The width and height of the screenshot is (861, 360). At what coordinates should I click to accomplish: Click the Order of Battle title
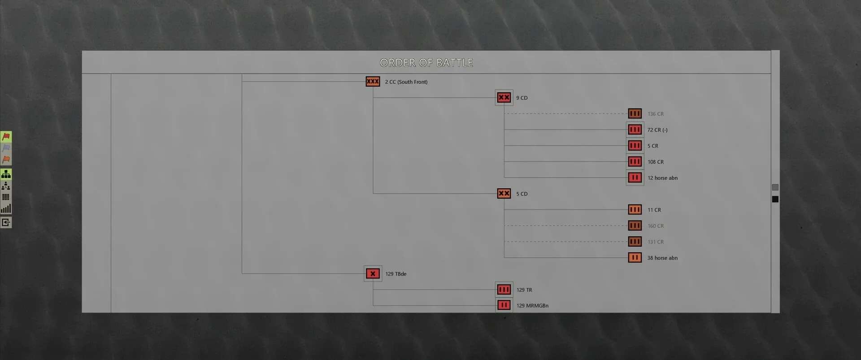point(426,63)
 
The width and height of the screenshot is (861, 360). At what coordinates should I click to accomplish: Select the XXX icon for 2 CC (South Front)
point(373,82)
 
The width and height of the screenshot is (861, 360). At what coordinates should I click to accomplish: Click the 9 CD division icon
point(504,98)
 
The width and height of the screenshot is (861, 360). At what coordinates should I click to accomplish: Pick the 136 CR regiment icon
point(635,114)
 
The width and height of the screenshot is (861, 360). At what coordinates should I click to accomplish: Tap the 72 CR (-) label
point(657,130)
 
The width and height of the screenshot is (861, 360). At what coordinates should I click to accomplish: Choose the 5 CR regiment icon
point(635,146)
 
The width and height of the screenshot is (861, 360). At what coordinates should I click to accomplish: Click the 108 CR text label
point(656,162)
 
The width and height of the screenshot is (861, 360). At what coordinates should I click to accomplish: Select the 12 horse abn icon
point(635,178)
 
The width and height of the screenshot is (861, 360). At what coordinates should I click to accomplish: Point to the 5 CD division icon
point(504,194)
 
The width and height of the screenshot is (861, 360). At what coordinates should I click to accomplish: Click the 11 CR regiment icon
point(635,210)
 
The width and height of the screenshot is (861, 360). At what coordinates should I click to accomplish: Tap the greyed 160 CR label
point(656,226)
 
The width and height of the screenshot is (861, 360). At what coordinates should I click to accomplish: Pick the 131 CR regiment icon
point(635,242)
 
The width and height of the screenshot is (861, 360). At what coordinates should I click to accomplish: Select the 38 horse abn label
point(662,258)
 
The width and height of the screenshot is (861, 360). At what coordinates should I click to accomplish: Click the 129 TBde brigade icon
point(373,273)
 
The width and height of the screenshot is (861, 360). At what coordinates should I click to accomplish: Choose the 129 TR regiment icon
point(504,290)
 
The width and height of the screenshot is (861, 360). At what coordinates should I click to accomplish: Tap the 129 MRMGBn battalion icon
point(504,305)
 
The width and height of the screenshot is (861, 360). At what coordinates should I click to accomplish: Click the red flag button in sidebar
point(6,136)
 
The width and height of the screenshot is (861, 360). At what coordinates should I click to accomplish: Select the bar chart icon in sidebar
point(6,208)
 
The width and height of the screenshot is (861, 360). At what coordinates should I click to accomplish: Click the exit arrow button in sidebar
point(6,222)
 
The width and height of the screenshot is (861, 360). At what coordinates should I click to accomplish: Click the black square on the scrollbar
point(775,199)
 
